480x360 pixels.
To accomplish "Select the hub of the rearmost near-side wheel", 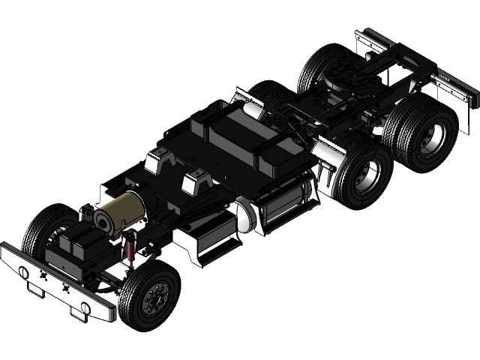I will click(x=432, y=138).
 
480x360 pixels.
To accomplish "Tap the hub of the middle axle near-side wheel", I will click(x=367, y=178).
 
